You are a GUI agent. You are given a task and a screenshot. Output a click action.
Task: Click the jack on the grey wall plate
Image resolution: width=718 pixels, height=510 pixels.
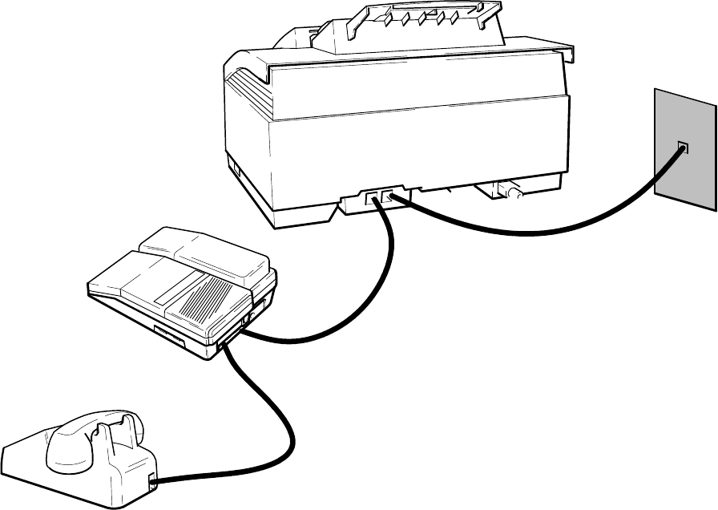point(683,148)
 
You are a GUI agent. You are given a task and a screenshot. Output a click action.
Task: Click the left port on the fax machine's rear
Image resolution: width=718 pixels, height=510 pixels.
point(371,197)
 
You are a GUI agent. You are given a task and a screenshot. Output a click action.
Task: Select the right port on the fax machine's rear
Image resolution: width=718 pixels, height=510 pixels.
point(389,196)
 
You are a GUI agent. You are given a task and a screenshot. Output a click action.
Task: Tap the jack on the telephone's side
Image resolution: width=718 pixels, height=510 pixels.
point(152,480)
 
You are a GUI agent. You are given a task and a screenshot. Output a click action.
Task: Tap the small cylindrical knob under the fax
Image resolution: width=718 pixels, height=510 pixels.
point(509,192)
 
